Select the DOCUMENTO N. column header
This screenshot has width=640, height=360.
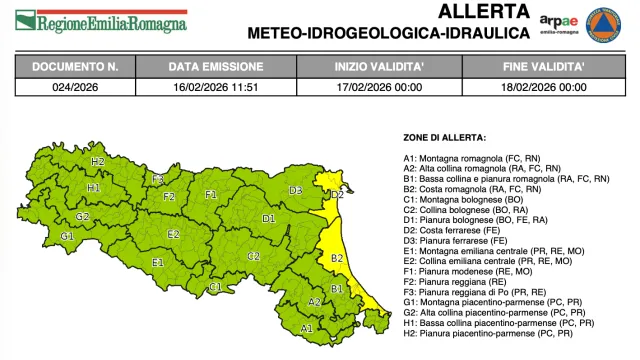[x=76, y=67]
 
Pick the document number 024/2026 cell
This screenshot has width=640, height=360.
[x=76, y=87]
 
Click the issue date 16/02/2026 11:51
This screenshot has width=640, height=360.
[x=216, y=87]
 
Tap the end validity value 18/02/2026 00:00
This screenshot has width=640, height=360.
[x=544, y=87]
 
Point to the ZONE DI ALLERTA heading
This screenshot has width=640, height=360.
[x=445, y=137]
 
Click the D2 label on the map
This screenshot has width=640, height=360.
[x=337, y=194]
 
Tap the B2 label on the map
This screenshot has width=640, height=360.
[x=337, y=258]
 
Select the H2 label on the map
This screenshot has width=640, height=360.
[x=98, y=161]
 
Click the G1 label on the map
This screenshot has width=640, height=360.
[x=68, y=237]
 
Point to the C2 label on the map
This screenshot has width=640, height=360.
[x=254, y=256]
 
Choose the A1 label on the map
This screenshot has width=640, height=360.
[x=307, y=327]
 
